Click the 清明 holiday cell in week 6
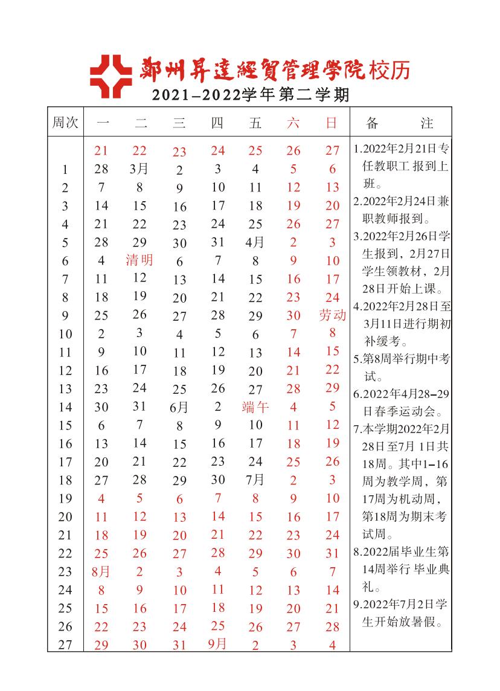point(139,260)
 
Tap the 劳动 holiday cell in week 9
point(332,315)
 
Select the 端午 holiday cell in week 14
point(255,407)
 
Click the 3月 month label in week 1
point(139,169)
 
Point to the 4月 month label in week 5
point(255,242)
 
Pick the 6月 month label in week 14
point(179,407)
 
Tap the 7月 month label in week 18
point(255,480)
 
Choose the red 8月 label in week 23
point(101,571)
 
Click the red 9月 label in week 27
point(217,644)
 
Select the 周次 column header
point(65,123)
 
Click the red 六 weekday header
point(293,123)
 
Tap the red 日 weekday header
point(332,123)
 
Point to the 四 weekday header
point(217,123)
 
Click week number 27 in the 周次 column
point(65,644)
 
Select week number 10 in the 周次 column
point(65,333)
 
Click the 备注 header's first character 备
point(373,123)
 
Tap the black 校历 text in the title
point(392,71)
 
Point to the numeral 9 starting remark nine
point(356,603)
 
